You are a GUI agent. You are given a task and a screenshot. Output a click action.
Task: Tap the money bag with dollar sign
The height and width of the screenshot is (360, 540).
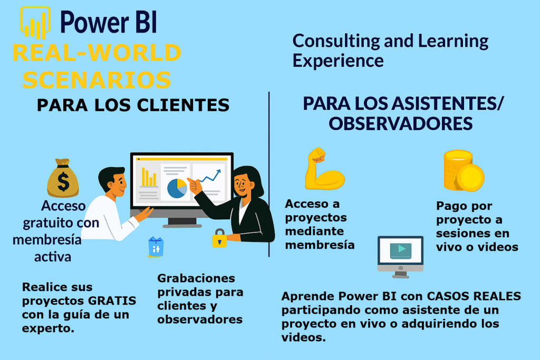point(63,178)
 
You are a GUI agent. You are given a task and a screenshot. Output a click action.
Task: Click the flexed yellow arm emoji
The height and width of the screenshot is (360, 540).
point(324,169)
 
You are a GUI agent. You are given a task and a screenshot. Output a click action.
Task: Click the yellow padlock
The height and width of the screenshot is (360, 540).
point(219,238)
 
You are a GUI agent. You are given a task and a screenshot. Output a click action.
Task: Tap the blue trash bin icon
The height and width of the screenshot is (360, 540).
point(156,247)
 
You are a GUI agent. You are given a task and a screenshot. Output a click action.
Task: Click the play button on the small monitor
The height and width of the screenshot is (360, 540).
point(401,249)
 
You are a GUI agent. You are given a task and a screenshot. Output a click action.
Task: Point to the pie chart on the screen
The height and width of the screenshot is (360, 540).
point(177,188)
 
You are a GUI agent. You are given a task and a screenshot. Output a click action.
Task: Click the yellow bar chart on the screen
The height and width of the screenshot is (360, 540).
point(149,177)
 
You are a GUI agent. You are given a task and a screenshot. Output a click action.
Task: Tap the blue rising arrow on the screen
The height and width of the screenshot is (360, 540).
point(210,176)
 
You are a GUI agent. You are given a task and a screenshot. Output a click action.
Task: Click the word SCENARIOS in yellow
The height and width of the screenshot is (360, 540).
point(97,80)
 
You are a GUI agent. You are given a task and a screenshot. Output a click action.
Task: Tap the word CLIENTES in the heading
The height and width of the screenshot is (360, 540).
point(183,105)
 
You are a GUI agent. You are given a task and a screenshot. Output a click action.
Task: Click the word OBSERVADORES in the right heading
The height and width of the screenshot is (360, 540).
point(401,123)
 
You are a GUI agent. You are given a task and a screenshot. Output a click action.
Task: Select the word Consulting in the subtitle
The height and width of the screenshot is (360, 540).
point(336,41)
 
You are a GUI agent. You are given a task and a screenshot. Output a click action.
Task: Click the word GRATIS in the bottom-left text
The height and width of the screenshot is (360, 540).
point(112,300)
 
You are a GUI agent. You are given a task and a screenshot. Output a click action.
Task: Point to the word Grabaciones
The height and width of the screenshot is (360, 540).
point(196,278)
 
